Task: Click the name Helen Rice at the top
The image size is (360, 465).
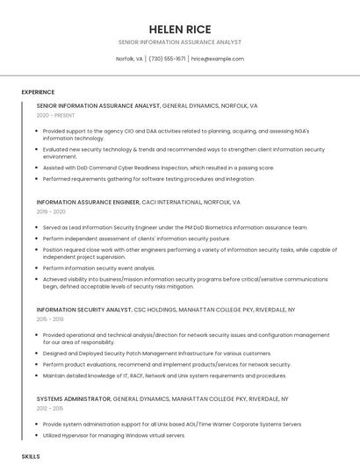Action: [179, 29]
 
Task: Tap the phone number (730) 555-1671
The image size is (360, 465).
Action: [167, 59]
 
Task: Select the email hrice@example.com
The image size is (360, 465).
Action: [218, 59]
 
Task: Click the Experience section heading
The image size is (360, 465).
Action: [38, 92]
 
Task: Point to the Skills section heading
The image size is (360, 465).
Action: [31, 457]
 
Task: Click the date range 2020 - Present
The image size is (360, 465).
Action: [55, 115]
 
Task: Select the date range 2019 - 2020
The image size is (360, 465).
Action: [51, 211]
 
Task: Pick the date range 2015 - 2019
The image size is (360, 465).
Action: [50, 319]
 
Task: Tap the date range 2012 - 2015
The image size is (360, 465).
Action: [50, 408]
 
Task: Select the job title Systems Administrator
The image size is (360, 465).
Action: [74, 398]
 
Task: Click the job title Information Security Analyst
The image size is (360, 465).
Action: [83, 310]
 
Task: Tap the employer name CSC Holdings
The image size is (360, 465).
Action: [154, 310]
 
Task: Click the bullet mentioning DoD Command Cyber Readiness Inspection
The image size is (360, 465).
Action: [158, 168]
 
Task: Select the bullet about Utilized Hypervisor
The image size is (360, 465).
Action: [114, 435]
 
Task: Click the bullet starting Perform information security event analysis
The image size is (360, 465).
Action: [98, 268]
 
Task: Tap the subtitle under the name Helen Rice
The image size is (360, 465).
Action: [179, 42]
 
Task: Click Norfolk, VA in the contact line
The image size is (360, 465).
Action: [129, 59]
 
